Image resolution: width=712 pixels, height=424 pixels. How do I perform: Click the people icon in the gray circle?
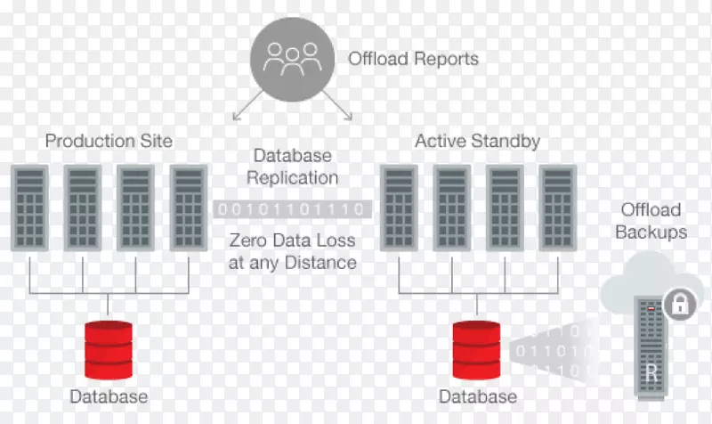tap(291, 60)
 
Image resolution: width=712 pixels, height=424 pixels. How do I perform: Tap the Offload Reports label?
tap(413, 60)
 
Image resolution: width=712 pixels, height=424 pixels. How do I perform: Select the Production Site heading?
tap(109, 142)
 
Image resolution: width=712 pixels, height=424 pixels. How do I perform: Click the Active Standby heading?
tap(477, 142)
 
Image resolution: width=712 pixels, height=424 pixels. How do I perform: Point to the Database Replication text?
tap(293, 166)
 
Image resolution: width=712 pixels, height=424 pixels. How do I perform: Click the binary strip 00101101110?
tap(291, 209)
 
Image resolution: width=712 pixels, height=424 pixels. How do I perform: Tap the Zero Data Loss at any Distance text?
tap(293, 251)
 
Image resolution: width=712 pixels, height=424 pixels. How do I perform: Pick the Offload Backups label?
tap(652, 221)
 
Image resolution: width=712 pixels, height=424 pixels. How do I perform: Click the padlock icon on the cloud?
tap(680, 305)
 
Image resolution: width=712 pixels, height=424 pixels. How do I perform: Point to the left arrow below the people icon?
tap(240, 110)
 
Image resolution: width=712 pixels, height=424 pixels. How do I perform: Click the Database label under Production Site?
tap(109, 396)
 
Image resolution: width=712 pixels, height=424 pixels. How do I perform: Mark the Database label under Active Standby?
tap(477, 396)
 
